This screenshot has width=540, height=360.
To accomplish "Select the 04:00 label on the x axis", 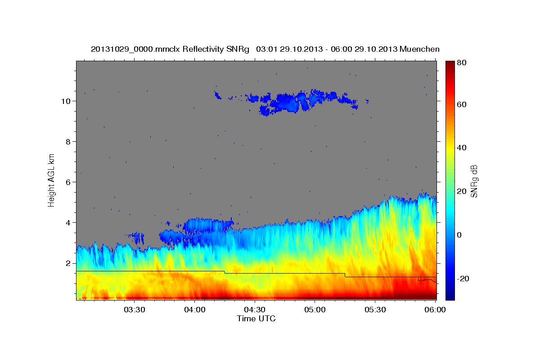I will (194, 310).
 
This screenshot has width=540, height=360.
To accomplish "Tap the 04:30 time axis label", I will (255, 310).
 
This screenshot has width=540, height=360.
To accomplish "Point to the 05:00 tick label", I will (315, 310).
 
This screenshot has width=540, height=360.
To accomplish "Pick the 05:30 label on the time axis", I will (375, 310).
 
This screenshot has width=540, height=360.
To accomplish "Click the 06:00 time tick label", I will (435, 310).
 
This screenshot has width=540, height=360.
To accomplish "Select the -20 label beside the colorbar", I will (463, 279).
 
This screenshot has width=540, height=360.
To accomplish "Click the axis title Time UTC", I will (256, 319).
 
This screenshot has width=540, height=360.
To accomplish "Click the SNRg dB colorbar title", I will (474, 180).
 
